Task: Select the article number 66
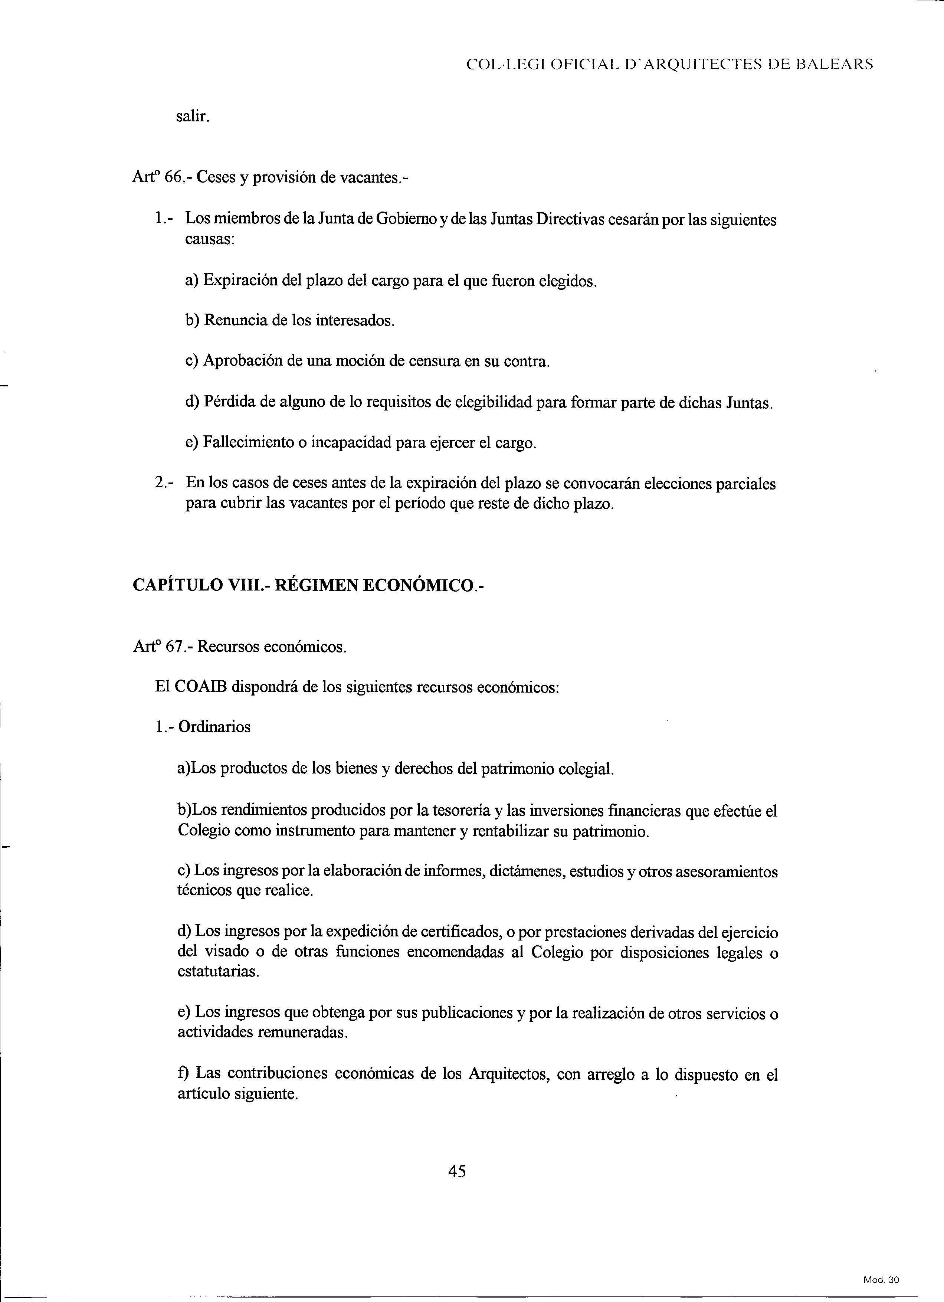[x=173, y=177]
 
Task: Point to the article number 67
[x=173, y=647]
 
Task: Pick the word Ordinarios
[x=214, y=727]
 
